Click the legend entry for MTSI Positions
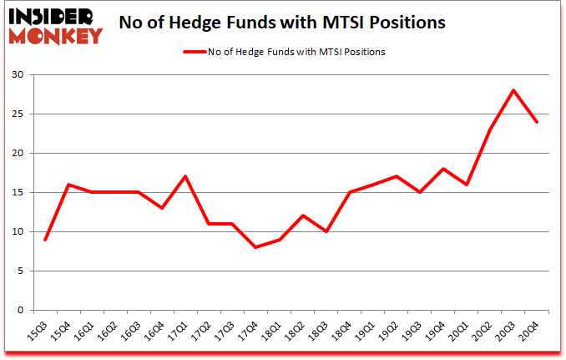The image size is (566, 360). coord(284,51)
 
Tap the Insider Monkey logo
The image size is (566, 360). coord(53,23)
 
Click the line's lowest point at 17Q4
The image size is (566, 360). coord(255,247)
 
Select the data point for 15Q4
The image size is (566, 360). coord(68,185)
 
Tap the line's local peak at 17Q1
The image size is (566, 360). coord(185,176)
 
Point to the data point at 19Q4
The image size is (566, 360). coord(442,169)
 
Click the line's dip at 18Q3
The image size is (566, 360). coord(326,231)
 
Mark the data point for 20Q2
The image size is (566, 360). coord(490,129)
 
